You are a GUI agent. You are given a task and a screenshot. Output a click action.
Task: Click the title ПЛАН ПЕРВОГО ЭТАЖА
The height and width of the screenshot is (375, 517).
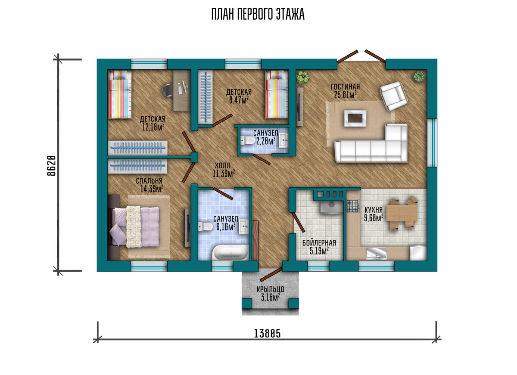[258, 14]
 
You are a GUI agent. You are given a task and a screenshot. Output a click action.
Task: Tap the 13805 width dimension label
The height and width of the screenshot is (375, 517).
[267, 334]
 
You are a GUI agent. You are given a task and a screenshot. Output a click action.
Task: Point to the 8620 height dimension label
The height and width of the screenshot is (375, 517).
[52, 166]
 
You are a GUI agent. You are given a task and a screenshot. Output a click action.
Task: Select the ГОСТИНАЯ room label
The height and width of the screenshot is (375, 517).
[345, 87]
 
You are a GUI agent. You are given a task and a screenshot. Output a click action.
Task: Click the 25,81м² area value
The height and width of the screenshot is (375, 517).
[345, 95]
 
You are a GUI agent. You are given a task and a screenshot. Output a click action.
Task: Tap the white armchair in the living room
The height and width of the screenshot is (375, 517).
[394, 96]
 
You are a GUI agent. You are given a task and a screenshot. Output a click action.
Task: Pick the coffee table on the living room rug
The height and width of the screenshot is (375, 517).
[355, 118]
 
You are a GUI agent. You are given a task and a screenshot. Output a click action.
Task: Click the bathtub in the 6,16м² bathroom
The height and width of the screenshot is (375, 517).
[230, 253]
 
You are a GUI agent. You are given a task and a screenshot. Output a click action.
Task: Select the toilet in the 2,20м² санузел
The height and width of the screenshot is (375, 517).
[246, 140]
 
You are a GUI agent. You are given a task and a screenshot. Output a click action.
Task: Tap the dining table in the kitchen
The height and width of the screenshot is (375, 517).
[402, 213]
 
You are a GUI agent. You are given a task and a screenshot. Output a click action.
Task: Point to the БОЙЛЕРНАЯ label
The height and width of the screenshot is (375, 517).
[319, 243]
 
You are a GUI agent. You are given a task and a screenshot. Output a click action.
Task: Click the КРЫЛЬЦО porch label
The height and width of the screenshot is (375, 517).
[270, 289]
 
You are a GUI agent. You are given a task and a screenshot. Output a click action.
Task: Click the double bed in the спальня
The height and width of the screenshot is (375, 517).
[134, 227]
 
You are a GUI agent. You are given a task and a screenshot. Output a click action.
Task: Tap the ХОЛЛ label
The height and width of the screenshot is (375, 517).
[223, 166]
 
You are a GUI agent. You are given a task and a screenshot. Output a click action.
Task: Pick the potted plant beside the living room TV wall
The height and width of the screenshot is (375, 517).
[303, 77]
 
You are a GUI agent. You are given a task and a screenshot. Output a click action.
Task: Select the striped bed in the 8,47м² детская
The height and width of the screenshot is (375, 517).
[277, 94]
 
